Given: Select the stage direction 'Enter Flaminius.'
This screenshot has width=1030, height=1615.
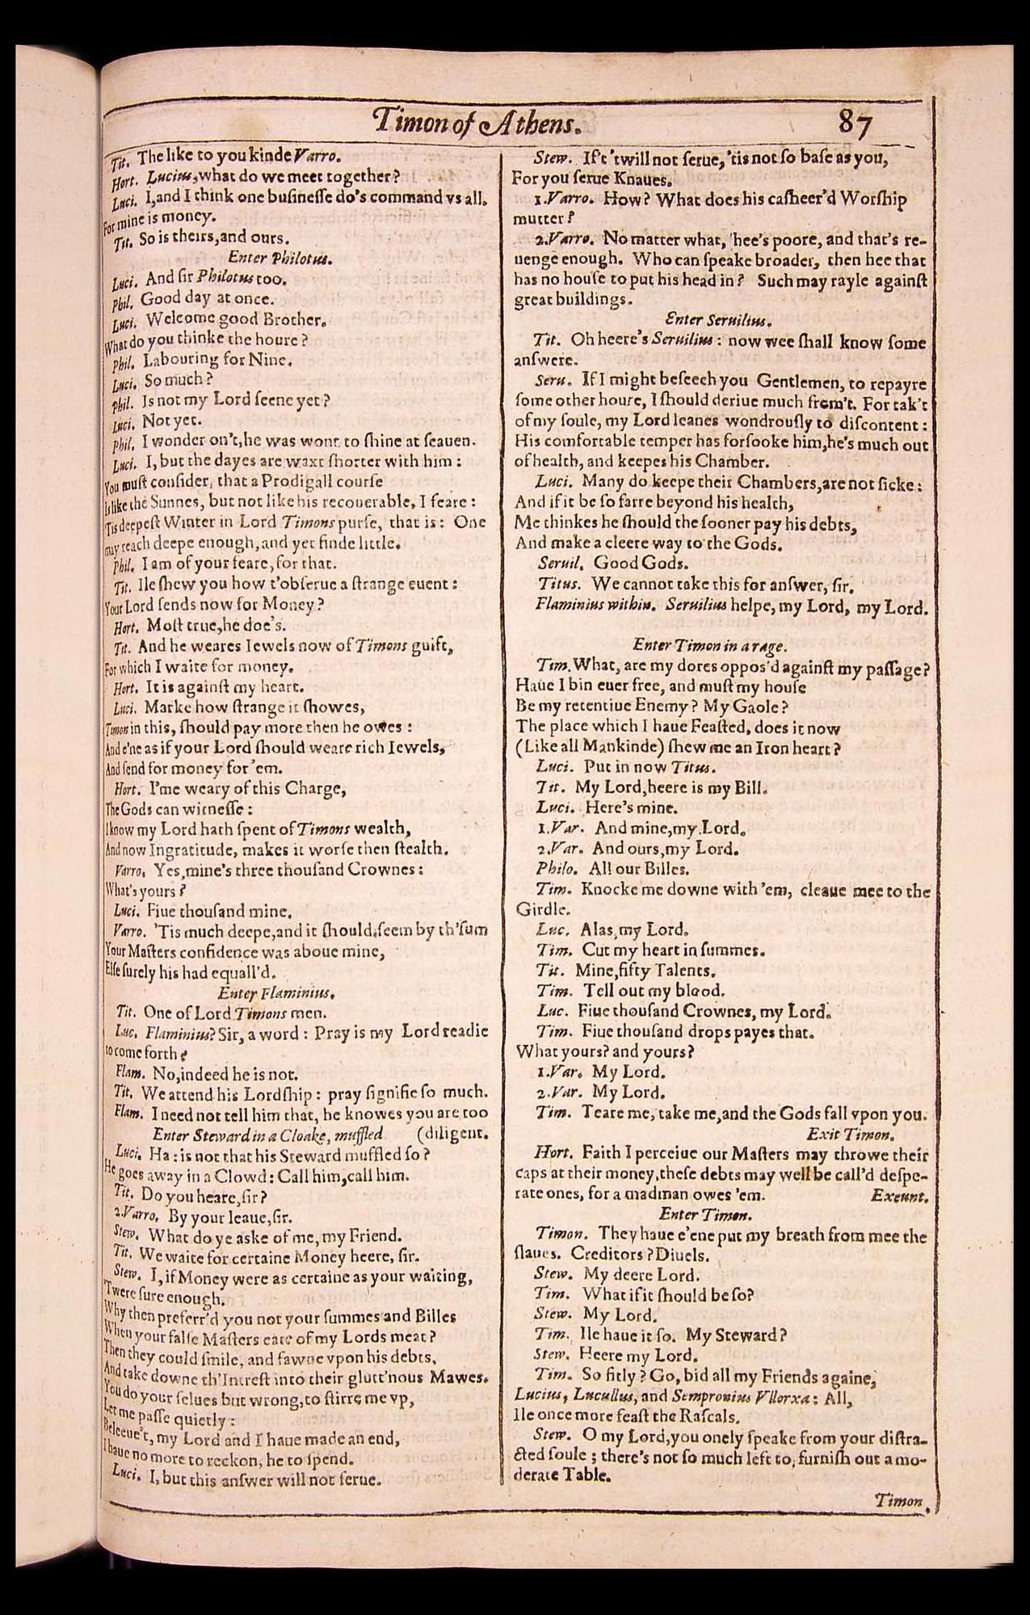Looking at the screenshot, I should pyautogui.click(x=275, y=991).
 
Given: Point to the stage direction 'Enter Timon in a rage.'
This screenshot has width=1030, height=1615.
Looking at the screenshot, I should pyautogui.click(x=709, y=645).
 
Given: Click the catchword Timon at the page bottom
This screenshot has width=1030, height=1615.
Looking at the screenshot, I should pyautogui.click(x=898, y=1500).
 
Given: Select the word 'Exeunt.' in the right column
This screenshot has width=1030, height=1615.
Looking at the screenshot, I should pyautogui.click(x=900, y=1197).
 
